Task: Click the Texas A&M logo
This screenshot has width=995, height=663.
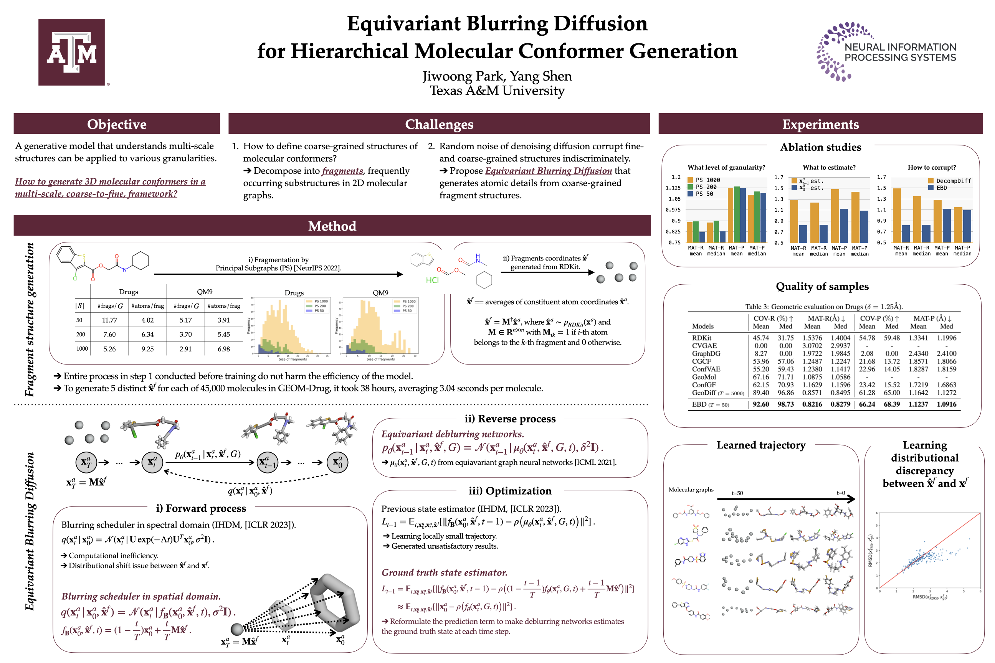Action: point(71,52)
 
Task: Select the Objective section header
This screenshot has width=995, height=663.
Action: point(117,124)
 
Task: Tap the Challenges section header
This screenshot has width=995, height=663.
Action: point(439,124)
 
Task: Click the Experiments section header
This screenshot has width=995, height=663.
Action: point(820,124)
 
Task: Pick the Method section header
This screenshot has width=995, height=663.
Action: point(332,226)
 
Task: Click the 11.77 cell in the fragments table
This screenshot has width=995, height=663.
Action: point(109,320)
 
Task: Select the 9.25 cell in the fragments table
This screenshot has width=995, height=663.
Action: point(147,349)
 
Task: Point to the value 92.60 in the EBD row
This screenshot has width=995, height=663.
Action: point(760,404)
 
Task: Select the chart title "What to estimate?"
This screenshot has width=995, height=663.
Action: point(829,167)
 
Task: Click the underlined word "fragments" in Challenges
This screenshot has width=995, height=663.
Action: point(342,171)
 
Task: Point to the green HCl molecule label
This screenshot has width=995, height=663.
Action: point(432,280)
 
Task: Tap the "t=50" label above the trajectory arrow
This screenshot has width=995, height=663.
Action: point(737,493)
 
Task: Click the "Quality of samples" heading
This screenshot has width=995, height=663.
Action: point(821,286)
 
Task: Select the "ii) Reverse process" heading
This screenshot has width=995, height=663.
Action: point(510,419)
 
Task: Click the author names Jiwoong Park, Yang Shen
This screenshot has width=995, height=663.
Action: point(497,76)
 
